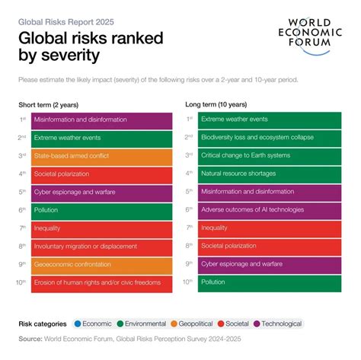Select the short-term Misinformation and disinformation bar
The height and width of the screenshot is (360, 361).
tap(101, 119)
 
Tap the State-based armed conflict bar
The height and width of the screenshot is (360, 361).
tap(101, 156)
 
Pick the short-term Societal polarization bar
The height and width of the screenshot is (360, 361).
tap(101, 174)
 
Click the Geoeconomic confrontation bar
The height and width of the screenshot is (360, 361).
tap(101, 264)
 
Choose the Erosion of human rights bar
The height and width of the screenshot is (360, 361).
tap(101, 282)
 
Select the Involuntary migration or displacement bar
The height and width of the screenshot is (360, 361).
tap(101, 246)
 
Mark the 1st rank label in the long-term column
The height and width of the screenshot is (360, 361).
tap(189, 119)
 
